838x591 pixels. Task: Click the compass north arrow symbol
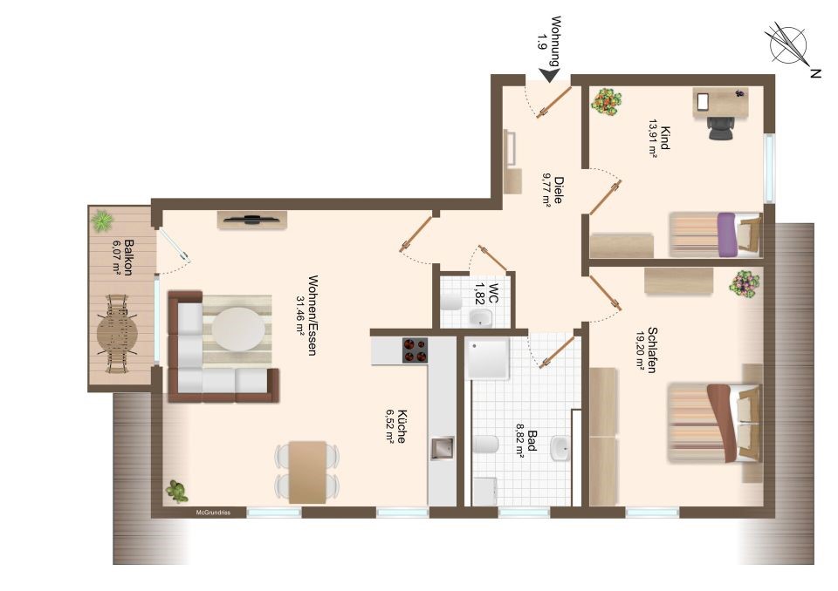(787, 44)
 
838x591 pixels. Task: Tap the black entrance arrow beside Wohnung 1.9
(549, 76)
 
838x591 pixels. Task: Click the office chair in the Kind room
(721, 127)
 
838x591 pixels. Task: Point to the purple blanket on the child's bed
(727, 234)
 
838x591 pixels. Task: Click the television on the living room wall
(251, 218)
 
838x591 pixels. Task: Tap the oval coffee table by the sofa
(237, 329)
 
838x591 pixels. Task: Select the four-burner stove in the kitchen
(416, 350)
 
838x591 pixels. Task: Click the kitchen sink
(443, 448)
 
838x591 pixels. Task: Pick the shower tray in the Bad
(487, 357)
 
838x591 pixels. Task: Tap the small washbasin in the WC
(480, 317)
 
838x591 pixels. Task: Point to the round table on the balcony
(116, 334)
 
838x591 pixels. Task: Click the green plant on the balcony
(101, 221)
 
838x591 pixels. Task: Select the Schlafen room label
(652, 350)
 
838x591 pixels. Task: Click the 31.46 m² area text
(299, 315)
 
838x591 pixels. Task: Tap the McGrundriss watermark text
(213, 513)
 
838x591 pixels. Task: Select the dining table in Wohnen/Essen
(307, 472)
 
